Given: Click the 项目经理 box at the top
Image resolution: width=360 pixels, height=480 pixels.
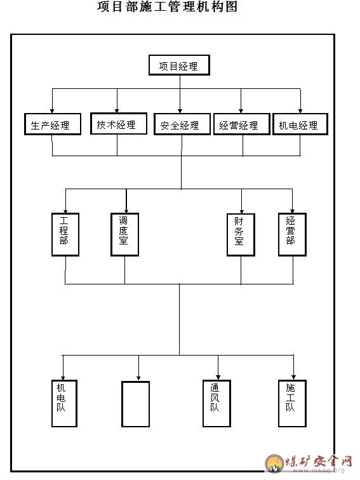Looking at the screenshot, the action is (x=179, y=65).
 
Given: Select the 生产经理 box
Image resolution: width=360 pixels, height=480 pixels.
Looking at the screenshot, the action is (x=53, y=124).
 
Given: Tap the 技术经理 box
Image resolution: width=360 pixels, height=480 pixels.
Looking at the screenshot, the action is (x=119, y=123).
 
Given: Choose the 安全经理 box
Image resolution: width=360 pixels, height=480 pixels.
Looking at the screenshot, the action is (x=182, y=124).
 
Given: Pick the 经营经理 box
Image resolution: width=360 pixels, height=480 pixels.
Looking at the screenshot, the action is (x=241, y=124).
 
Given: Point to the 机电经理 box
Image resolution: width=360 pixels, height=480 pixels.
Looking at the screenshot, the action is (x=300, y=124).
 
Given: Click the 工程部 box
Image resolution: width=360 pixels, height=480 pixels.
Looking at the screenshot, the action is (x=65, y=234).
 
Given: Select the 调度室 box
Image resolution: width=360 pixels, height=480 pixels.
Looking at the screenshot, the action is (x=125, y=234).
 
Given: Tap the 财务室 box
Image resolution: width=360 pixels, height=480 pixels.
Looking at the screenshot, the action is (x=241, y=235).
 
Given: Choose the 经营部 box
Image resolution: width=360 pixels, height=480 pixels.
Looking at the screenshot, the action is (x=292, y=234).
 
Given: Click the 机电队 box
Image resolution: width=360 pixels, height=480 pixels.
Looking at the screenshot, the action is (x=64, y=403).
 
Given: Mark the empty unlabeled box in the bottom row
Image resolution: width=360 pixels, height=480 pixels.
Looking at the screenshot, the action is (x=136, y=404).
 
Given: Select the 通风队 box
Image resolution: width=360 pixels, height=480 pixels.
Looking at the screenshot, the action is (x=217, y=403).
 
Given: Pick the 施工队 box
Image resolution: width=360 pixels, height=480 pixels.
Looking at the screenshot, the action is (x=292, y=403).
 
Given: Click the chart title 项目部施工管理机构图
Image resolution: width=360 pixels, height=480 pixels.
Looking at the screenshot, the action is (x=168, y=6).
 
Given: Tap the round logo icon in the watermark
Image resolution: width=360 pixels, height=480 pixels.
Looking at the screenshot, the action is (x=274, y=463).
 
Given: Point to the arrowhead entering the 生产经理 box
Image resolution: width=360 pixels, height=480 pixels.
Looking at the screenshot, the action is (x=52, y=111).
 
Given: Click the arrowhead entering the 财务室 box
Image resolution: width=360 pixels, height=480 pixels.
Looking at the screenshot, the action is (x=241, y=211).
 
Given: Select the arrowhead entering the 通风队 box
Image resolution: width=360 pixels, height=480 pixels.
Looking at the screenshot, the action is (x=218, y=377).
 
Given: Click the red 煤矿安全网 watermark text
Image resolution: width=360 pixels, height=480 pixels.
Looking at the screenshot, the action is (x=319, y=462).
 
